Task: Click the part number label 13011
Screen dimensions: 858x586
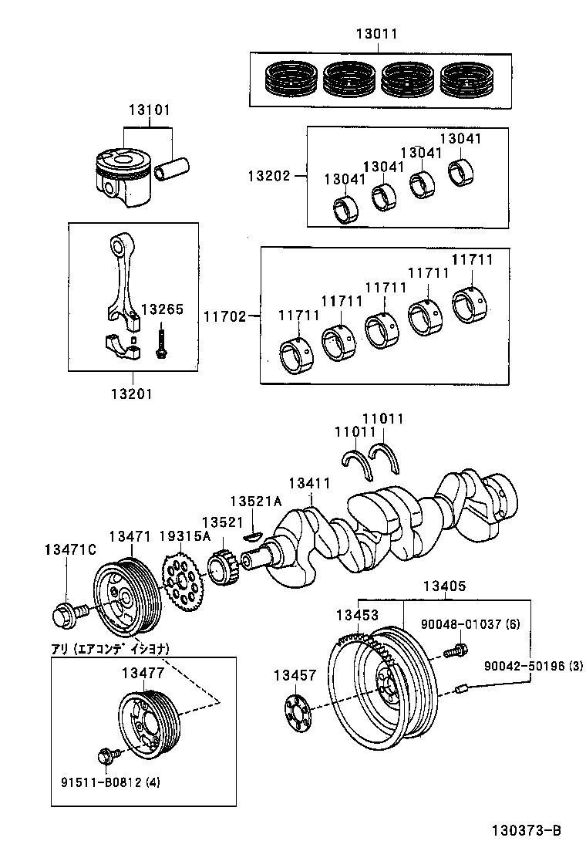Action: (x=377, y=35)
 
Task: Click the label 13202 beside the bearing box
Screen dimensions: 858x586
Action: (x=268, y=176)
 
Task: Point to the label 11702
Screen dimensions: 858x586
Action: (x=224, y=316)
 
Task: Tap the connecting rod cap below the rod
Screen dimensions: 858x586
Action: (x=121, y=346)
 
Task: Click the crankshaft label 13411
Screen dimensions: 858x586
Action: (x=309, y=483)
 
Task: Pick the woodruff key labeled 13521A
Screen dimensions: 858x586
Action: (x=254, y=534)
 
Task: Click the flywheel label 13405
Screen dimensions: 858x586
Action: (x=444, y=586)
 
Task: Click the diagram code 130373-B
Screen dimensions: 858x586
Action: (x=527, y=831)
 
